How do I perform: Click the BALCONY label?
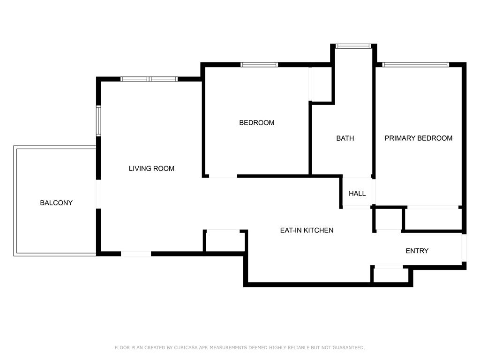56,203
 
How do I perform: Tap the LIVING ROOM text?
151,168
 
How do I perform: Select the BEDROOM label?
256,123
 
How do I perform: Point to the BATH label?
345,138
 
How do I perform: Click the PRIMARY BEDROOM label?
418,138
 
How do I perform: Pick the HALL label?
357,194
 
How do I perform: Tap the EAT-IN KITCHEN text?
307,230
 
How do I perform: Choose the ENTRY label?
417,251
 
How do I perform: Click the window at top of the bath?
353,46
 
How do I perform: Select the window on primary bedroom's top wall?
416,65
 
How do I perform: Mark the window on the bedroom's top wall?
259,65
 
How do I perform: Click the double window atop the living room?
149,79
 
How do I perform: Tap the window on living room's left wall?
98,121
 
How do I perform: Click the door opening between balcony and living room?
98,194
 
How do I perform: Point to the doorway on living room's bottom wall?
136,254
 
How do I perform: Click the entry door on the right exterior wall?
464,248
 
